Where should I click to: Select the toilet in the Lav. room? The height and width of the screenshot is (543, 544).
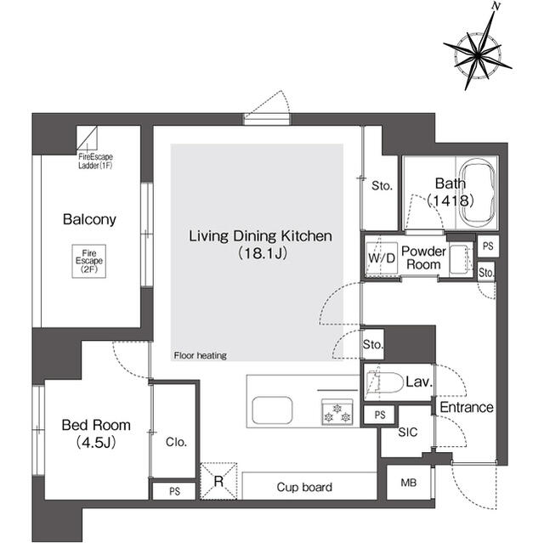384,383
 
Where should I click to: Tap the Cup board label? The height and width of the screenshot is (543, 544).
304,487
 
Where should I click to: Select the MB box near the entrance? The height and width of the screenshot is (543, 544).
409,484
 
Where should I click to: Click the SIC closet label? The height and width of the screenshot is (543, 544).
409,433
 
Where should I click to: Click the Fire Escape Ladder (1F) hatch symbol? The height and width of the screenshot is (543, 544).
88,138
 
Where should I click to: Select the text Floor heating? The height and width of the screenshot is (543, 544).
200,355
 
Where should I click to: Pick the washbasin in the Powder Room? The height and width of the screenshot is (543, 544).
458,257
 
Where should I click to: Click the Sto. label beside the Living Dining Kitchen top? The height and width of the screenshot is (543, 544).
381,185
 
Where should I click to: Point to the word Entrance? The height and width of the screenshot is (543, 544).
466,408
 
